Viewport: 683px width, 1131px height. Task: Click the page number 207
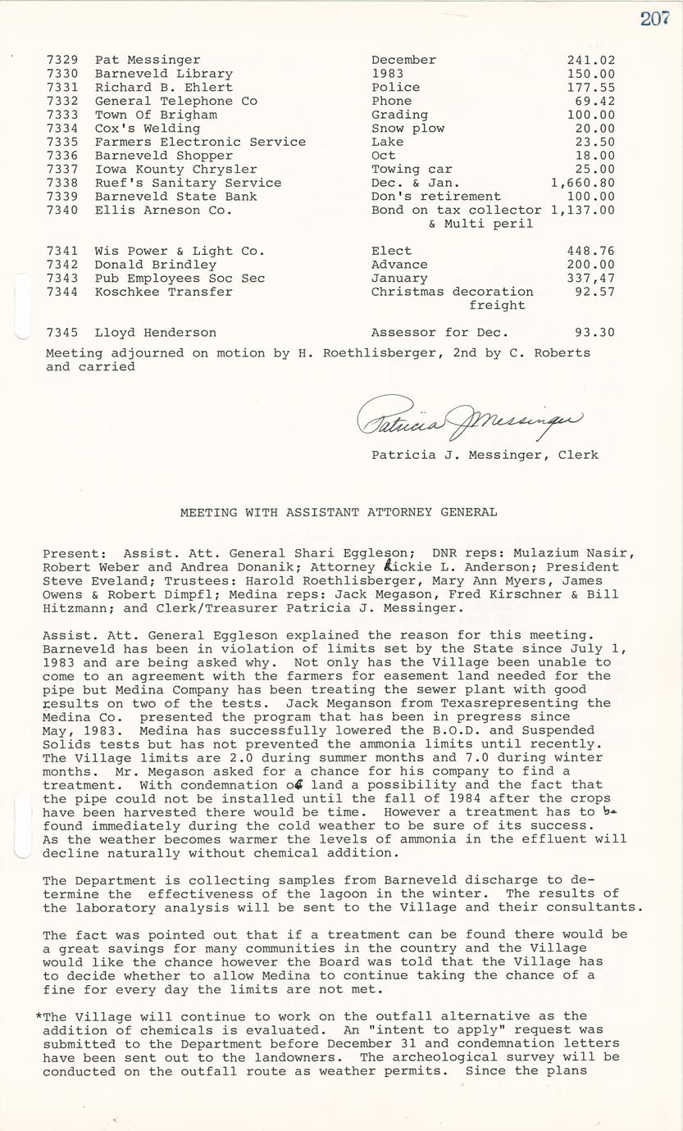pyautogui.click(x=655, y=18)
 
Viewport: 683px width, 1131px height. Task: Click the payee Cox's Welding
pyautogui.click(x=148, y=128)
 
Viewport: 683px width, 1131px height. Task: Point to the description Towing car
pyautogui.click(x=406, y=169)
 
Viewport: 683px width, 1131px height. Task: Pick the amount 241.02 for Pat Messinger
pyautogui.click(x=590, y=60)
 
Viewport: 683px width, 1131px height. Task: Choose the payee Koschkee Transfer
pyautogui.click(x=163, y=292)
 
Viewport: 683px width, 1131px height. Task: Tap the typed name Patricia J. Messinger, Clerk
pyautogui.click(x=485, y=455)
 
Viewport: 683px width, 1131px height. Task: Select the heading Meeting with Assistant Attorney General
pyautogui.click(x=339, y=512)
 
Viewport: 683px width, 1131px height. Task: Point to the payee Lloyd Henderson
pyautogui.click(x=156, y=333)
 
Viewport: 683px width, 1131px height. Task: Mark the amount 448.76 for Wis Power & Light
pyautogui.click(x=590, y=251)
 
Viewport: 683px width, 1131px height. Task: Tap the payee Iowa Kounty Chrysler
pyautogui.click(x=175, y=169)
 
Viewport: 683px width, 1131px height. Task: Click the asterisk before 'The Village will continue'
pyautogui.click(x=39, y=1016)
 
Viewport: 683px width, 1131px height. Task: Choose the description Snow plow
pyautogui.click(x=408, y=128)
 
